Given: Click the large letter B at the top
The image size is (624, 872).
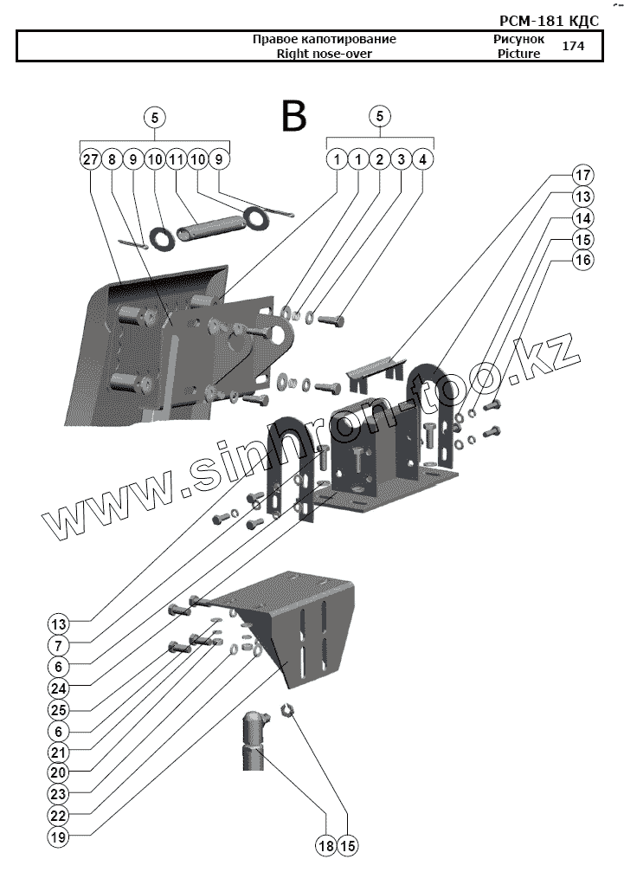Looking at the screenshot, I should click(x=294, y=116).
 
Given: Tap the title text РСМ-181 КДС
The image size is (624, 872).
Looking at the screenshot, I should click(x=549, y=20).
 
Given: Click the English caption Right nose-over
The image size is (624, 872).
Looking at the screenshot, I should click(x=325, y=54).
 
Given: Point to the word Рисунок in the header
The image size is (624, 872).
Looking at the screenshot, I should click(x=519, y=40).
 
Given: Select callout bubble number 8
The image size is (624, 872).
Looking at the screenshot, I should click(x=112, y=159).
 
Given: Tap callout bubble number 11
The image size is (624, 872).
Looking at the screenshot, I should click(x=176, y=159).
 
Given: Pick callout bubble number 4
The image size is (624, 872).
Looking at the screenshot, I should click(x=422, y=159).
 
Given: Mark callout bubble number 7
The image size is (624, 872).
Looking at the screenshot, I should click(x=59, y=646).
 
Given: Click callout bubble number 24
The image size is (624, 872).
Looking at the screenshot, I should click(x=59, y=689).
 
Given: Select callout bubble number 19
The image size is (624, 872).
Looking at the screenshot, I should click(x=59, y=836).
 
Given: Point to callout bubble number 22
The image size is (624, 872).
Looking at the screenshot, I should click(x=59, y=816).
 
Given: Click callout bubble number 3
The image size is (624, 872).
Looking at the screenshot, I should click(x=401, y=159).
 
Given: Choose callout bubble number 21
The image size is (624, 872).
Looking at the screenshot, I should click(x=59, y=753).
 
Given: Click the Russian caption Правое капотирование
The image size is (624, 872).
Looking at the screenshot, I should click(x=325, y=40).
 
